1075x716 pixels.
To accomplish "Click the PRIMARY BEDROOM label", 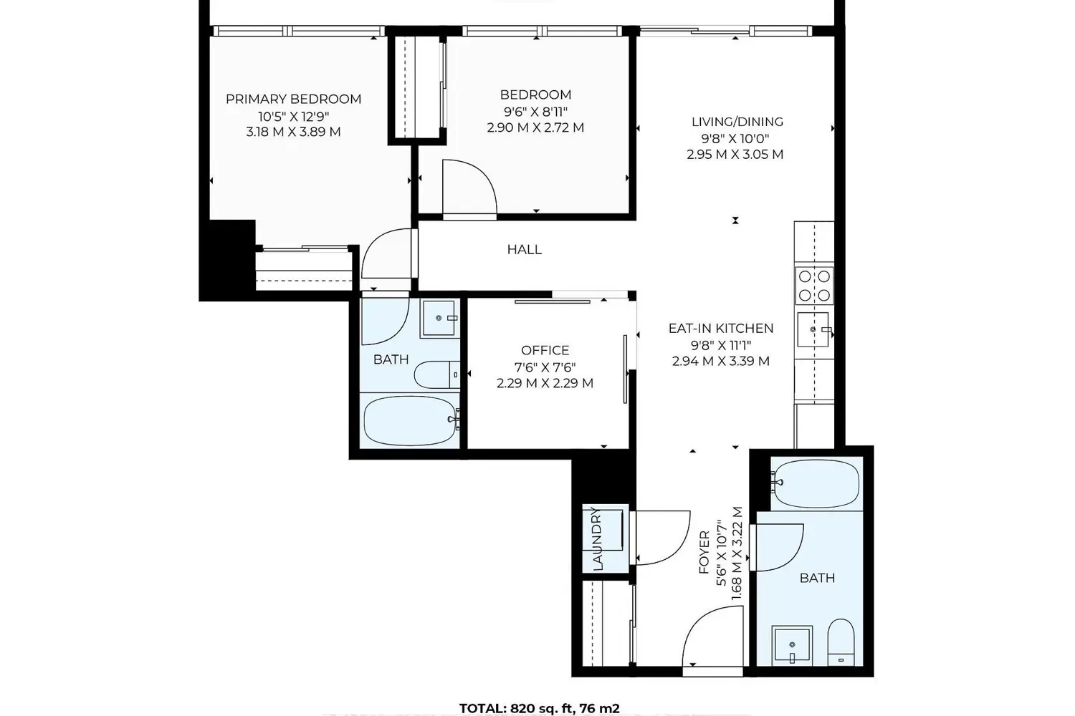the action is [293, 100].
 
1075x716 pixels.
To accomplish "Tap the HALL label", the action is [524, 249].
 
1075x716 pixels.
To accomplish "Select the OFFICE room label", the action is [545, 350].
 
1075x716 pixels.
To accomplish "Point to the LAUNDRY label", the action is [597, 538].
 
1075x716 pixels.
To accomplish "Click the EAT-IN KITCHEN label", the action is [721, 329].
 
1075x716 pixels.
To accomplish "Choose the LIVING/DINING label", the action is [737, 122].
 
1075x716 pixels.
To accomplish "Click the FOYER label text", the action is [704, 553].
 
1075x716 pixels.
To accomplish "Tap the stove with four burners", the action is [814, 285].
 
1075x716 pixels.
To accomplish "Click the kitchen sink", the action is [813, 329].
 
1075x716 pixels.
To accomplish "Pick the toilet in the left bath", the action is [436, 374].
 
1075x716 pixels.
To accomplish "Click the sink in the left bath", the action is [438, 318].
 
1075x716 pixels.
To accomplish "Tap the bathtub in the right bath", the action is [817, 484].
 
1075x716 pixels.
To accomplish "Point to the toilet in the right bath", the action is [841, 642].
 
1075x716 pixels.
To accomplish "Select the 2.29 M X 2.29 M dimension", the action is [545, 383].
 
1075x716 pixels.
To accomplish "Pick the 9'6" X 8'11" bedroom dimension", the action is [535, 112].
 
